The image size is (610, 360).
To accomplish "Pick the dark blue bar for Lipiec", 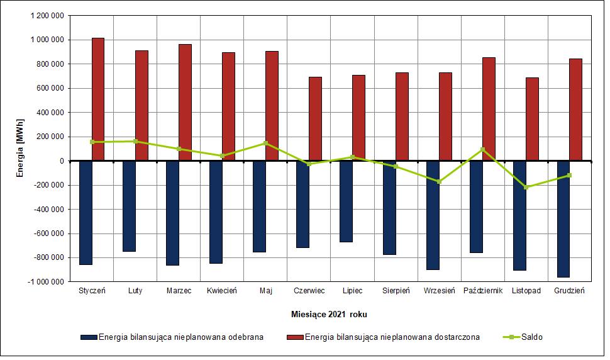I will tap(346, 201).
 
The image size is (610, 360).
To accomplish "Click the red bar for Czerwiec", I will tap(315, 119).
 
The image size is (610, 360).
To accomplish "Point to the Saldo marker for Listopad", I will tap(526, 187).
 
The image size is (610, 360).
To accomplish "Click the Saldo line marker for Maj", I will tap(265, 143).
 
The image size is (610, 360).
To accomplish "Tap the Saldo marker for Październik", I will tap(482, 149).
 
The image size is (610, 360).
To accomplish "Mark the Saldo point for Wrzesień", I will tap(439, 181).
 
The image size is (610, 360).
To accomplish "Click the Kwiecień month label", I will tap(222, 291).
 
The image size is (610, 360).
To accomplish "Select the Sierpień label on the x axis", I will tap(396, 291).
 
